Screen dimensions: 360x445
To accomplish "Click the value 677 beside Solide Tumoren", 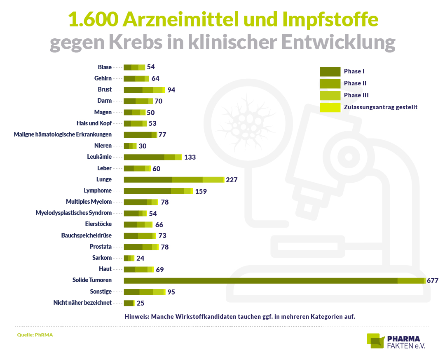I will [433, 280].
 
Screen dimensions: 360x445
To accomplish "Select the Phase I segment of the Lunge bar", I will [148, 179].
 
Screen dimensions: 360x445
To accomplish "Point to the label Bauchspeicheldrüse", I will [86, 235].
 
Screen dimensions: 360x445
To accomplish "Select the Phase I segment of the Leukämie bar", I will [144, 157].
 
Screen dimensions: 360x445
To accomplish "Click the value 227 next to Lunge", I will [232, 180].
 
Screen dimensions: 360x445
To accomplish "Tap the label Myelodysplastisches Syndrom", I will [74, 213].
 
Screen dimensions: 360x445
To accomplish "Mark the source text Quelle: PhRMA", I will [35, 335].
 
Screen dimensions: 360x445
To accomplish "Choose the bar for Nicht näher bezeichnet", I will [129, 303].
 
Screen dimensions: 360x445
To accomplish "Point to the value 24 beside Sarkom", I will [140, 258].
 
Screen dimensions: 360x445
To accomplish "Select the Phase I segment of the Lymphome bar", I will [148, 191].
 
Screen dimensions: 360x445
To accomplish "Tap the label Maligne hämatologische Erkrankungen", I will [63, 134].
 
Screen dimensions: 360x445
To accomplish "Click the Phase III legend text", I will [356, 95].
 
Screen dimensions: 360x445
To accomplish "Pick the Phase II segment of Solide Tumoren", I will [410, 281].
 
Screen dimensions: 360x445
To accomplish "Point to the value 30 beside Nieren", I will [142, 146].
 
